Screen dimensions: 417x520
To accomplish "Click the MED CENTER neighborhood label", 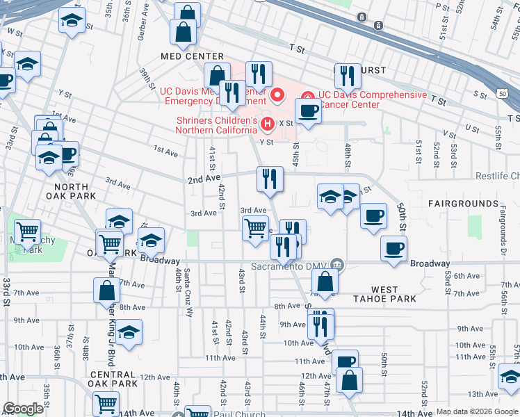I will click(192, 56).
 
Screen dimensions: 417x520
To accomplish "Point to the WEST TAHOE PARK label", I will click(384, 294).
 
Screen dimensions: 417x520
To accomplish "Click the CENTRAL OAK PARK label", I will click(113, 378).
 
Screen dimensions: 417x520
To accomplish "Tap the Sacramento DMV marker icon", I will click(338, 263).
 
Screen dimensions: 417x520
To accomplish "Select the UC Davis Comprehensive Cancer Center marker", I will click(307, 95).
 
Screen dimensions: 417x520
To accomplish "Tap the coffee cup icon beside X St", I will click(308, 111).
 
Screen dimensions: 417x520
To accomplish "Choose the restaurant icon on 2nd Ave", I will click(270, 179).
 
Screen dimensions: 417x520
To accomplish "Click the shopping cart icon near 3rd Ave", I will click(255, 228).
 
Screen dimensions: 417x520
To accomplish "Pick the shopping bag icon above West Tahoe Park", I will click(325, 281).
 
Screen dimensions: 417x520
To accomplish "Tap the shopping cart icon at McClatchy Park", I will click(28, 232).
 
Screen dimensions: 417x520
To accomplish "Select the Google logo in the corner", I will click(23, 409).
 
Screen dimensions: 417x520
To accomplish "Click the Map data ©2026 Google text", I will click(478, 411).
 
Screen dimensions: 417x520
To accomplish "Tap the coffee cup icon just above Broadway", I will click(393, 248).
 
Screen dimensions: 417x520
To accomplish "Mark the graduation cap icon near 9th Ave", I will click(129, 332).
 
